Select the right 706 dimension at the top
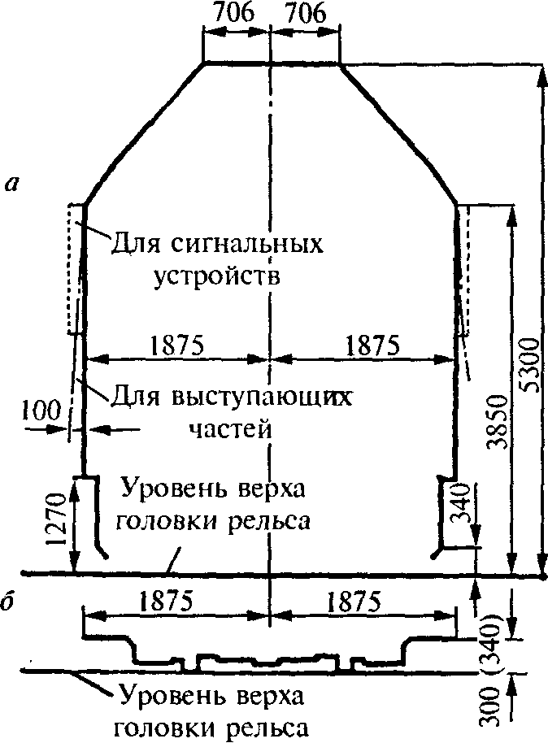304,14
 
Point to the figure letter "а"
11,185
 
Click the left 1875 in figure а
176,345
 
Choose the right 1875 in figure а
372,345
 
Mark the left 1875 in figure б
166,601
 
